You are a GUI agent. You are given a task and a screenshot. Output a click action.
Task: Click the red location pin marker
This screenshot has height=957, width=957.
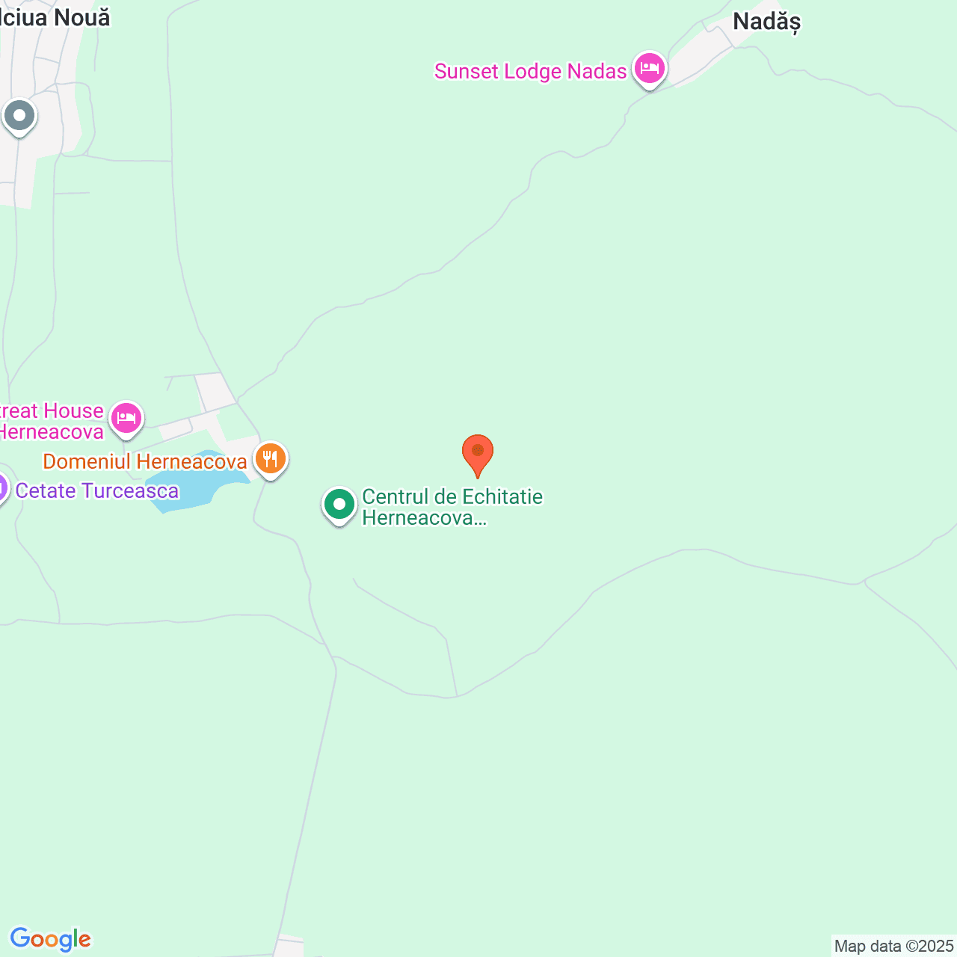coord(477,453)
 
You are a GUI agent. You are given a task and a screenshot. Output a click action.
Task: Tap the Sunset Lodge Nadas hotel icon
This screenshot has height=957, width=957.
coord(649,70)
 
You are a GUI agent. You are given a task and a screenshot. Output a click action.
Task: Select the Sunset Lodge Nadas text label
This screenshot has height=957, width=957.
coord(530,72)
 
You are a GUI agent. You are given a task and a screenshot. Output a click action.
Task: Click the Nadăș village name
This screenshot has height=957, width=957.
coord(766,22)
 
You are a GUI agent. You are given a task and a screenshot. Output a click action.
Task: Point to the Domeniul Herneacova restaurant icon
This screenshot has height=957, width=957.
coord(270,458)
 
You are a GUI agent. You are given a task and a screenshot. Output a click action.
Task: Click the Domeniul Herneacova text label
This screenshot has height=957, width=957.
coord(145,462)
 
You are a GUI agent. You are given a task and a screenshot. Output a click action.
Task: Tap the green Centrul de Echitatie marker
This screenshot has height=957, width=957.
coord(339,505)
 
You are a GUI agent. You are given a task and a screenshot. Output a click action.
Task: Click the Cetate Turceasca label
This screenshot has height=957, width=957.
coord(97,491)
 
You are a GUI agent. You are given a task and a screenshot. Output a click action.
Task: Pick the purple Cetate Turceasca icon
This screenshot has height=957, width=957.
coord(2,490)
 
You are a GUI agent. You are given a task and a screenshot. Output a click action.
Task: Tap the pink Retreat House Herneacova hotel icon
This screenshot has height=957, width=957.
coord(126,419)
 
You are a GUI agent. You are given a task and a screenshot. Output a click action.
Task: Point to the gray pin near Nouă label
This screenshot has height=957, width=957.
coord(19,117)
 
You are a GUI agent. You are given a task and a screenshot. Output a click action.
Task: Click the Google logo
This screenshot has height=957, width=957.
coord(50,939)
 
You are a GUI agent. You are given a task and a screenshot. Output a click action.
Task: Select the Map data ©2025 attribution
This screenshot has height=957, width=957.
coord(893,947)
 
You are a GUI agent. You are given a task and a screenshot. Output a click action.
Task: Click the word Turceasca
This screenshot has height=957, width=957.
coord(130,491)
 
